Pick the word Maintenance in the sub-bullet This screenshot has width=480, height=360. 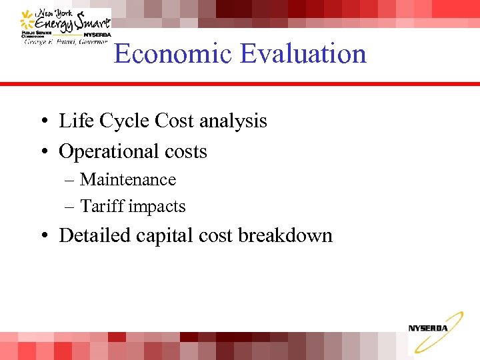point(128,180)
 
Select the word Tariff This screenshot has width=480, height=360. point(102,207)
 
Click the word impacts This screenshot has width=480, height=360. point(157,207)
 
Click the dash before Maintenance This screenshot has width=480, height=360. point(69,181)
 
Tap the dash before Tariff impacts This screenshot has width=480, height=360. point(69,207)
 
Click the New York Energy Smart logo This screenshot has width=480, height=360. point(65,27)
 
